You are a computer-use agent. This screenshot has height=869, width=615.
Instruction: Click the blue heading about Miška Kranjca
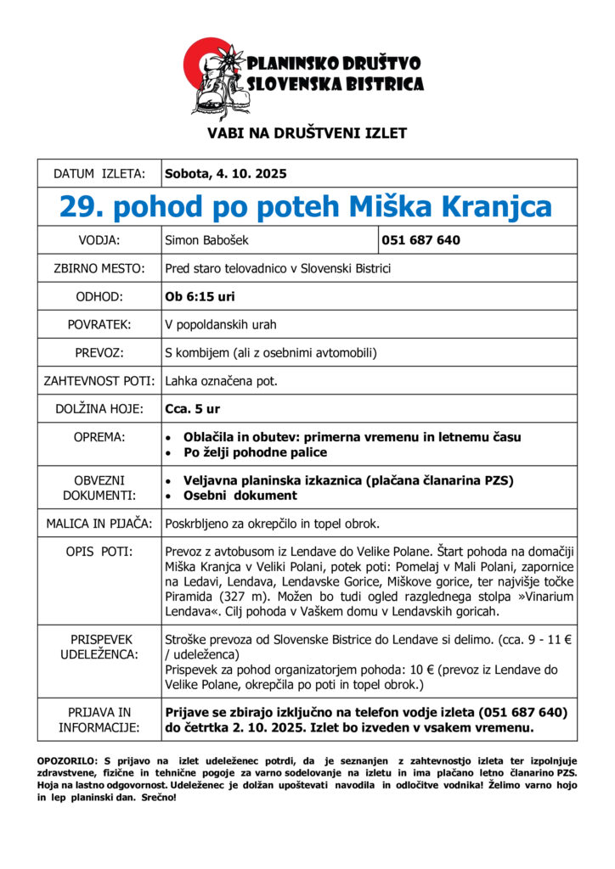(x=307, y=206)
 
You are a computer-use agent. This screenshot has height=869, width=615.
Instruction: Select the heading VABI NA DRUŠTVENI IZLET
(x=307, y=133)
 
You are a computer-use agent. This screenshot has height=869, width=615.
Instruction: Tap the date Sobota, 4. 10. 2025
(x=226, y=174)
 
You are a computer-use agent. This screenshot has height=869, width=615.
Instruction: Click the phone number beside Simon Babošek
(x=421, y=240)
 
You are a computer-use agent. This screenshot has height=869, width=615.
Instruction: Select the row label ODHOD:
(x=99, y=297)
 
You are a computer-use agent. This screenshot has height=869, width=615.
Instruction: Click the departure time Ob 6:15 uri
(x=200, y=297)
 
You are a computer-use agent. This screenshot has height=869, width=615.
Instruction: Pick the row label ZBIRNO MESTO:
(x=99, y=269)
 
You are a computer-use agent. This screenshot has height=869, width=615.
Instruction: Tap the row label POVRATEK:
(x=99, y=325)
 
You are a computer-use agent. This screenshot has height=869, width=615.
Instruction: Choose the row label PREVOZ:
(x=99, y=353)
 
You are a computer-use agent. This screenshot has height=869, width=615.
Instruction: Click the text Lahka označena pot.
(x=222, y=381)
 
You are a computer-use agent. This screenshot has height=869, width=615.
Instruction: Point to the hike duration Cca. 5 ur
(x=193, y=409)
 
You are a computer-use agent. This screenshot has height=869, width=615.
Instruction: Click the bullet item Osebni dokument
(x=240, y=496)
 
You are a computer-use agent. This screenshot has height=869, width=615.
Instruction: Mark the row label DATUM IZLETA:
(x=99, y=174)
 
